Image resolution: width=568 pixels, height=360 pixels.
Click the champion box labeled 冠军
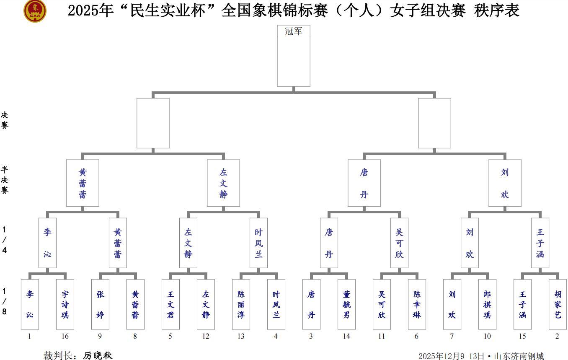pos(294,56)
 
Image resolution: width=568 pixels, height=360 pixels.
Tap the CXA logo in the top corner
pos(35,10)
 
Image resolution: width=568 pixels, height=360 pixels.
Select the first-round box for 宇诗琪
pos(65,304)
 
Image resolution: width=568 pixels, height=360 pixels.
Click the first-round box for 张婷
pos(100,304)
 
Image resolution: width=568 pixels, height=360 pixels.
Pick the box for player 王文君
pos(170,304)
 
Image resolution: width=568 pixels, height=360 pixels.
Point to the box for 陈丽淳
pos(241,304)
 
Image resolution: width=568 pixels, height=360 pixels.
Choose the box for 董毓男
pos(346,304)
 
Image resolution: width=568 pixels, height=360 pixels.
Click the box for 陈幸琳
pos(417,304)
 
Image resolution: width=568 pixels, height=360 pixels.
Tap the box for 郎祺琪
pos(487,304)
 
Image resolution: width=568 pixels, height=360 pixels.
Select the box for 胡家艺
pos(558,304)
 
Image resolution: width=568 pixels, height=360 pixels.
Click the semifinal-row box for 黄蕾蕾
pos(83,183)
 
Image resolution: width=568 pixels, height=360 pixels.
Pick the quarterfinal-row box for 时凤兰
pos(258,243)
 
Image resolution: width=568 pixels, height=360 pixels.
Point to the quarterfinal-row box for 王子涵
pos(540,243)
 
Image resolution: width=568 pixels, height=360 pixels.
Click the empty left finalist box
pos(153,123)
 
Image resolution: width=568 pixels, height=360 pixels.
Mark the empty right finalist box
pos(434,123)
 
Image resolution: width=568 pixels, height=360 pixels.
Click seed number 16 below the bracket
pos(65,336)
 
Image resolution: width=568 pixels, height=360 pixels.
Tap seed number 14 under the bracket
pos(346,336)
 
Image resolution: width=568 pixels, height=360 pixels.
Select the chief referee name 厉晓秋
pos(98,356)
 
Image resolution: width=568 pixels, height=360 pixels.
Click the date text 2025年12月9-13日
pos(451,356)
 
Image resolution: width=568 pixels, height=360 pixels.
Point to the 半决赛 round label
pos(5,180)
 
